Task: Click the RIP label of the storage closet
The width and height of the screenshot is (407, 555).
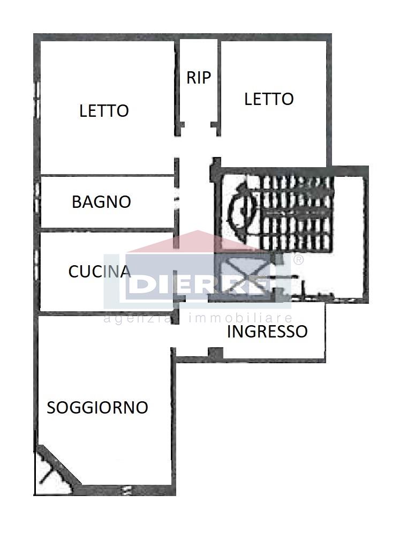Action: point(199,78)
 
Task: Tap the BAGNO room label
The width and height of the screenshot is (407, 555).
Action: point(102,202)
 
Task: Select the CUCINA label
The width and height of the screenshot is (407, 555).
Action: point(100,272)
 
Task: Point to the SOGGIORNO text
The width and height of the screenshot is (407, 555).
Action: point(97,407)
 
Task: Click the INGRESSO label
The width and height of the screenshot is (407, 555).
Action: point(267,332)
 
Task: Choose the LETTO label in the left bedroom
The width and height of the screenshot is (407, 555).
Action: point(104,111)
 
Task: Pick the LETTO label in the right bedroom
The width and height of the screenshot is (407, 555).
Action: point(269,99)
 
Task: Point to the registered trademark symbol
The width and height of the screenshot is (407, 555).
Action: point(298,260)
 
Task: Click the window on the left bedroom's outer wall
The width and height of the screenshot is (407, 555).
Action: point(36,99)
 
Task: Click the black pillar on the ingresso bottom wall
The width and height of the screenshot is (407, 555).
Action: point(215,352)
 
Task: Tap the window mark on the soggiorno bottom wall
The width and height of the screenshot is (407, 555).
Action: point(126,490)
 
